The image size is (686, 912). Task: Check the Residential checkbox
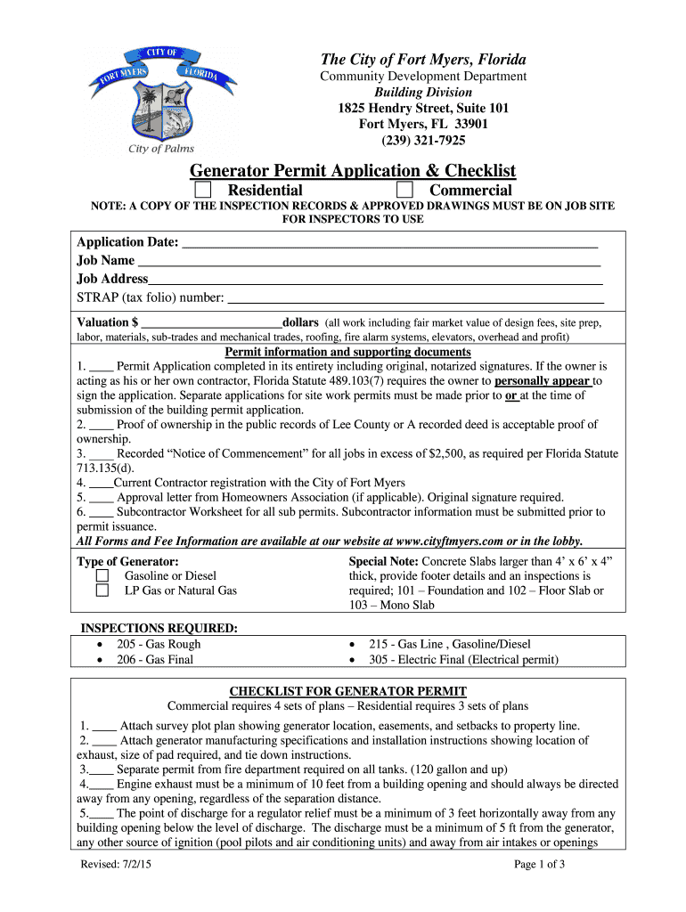204,190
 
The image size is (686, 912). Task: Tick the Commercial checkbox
405,190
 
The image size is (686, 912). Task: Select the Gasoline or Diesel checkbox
102,576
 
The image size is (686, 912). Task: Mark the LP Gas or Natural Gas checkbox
102,590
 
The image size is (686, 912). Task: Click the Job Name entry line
369,262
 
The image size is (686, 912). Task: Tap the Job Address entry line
375,280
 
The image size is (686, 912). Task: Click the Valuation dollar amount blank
211,322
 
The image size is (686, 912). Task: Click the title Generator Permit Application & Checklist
353,170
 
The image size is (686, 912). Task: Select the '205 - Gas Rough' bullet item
159,644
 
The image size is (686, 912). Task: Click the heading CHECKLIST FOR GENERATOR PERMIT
348,691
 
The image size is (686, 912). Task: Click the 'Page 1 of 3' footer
540,864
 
